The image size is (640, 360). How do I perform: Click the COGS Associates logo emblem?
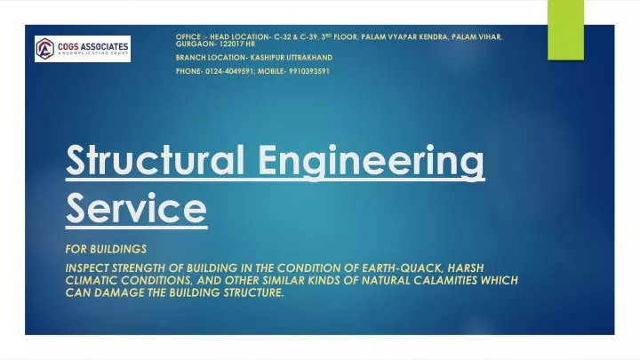coord(45,49)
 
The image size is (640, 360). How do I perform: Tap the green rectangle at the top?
coord(565,30)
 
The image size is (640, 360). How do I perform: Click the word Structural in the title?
coord(155,160)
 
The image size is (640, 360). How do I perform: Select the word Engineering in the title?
coord(372,163)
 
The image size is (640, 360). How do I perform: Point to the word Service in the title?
coord(136,209)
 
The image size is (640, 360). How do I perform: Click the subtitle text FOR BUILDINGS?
coord(106,249)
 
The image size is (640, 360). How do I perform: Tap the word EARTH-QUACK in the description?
coord(403,268)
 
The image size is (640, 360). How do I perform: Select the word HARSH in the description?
coord(466,268)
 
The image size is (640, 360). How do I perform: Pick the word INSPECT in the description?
coord(87,268)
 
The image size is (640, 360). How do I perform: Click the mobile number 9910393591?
coord(309,71)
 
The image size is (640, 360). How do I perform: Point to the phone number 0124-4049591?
coord(229,71)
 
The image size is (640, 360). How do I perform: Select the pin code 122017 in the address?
coord(231,44)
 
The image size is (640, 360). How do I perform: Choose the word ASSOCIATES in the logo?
coord(105,47)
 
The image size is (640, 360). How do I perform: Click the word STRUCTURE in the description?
coord(253,292)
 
